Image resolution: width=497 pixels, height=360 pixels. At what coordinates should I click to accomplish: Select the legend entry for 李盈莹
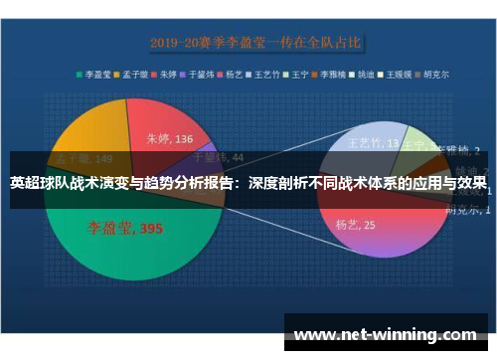(x=97, y=73)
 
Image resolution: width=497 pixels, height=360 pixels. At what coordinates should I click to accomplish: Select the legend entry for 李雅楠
(x=338, y=73)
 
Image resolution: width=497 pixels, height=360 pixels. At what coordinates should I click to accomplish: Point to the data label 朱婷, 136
(x=169, y=139)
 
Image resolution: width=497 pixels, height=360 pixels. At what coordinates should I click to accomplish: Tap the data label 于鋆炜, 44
(x=217, y=156)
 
